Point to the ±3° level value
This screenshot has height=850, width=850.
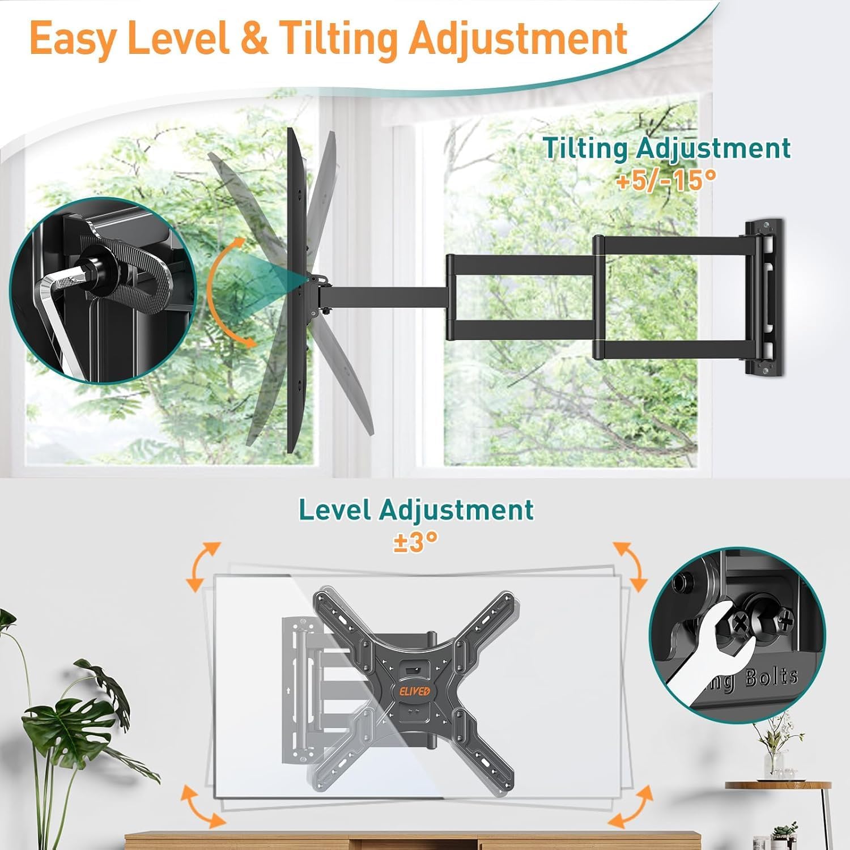[x=416, y=541]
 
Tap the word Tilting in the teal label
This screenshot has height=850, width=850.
[x=585, y=148]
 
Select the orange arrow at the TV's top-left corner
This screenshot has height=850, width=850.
[x=202, y=567]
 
